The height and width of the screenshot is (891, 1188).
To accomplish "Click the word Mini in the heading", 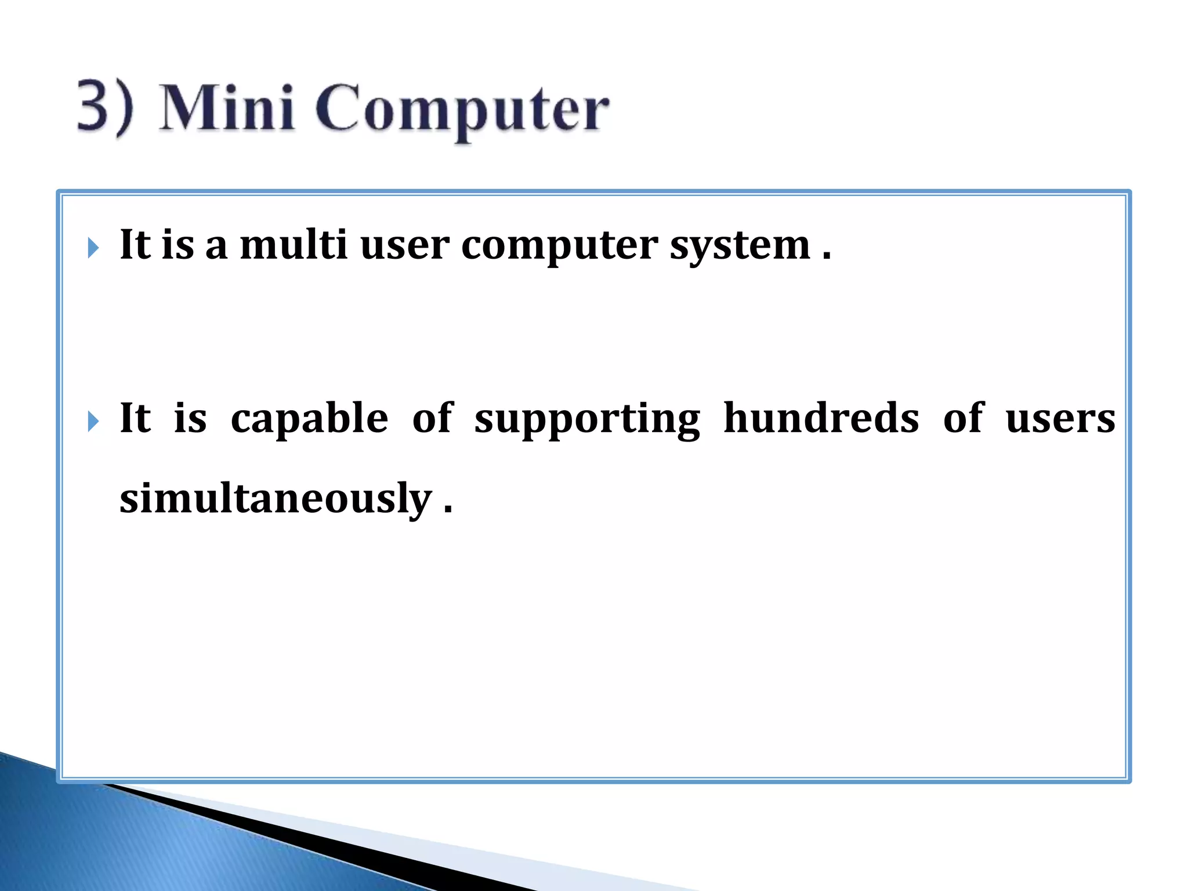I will pyautogui.click(x=226, y=107).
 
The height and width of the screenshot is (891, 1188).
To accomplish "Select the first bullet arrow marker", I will pyautogui.click(x=93, y=248).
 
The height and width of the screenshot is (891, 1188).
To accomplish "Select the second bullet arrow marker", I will pyautogui.click(x=93, y=421).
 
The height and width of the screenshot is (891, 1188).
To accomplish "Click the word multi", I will pyautogui.click(x=294, y=244).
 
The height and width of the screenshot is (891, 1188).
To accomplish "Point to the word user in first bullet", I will pyautogui.click(x=404, y=245).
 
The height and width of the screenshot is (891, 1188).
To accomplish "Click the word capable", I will pyautogui.click(x=309, y=419).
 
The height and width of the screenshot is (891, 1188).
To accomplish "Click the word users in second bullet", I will pyautogui.click(x=1060, y=419).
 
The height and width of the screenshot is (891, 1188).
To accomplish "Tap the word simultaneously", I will pyautogui.click(x=276, y=499).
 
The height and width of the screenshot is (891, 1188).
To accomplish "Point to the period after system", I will pyautogui.click(x=827, y=257).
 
